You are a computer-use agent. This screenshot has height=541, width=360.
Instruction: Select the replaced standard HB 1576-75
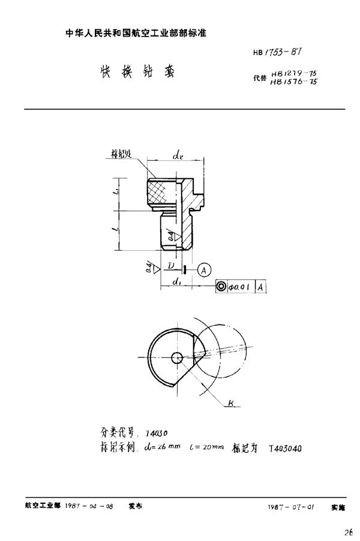293,82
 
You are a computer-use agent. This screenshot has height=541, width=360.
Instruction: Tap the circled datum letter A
202,269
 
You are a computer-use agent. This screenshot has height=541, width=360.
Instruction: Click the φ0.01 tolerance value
241,287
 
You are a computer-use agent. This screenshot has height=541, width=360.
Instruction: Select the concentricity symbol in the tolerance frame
221,287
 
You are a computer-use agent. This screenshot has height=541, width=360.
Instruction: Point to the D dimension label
171,265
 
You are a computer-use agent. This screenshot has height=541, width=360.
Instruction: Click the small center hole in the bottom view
177,357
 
